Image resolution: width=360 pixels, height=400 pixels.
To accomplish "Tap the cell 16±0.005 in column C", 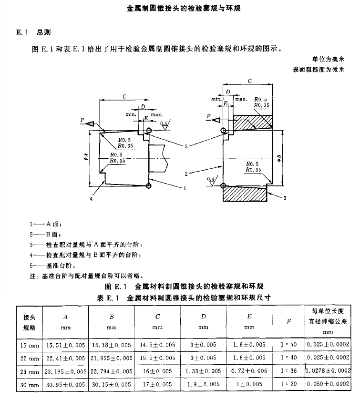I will point(157,370).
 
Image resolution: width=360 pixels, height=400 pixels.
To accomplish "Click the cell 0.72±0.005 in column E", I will point(249,370).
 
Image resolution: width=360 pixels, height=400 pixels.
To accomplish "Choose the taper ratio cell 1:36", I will point(289,370).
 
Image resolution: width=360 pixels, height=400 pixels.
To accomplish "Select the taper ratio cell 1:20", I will point(289,384).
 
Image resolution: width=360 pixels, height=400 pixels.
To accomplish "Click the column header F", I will point(289,322).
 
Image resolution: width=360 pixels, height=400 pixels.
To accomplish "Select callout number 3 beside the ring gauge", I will point(285,197).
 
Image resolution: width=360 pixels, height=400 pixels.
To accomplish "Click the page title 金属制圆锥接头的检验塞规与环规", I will point(180,9).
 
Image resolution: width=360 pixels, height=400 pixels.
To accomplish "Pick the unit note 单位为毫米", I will point(329,59).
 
